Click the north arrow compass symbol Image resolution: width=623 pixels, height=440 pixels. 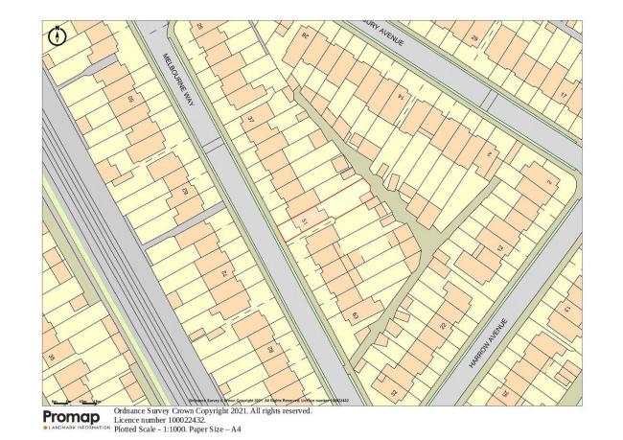58,36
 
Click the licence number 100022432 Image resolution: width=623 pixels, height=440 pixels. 175,421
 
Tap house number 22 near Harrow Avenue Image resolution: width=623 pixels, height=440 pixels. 442,325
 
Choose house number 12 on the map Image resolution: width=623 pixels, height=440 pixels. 498,247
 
